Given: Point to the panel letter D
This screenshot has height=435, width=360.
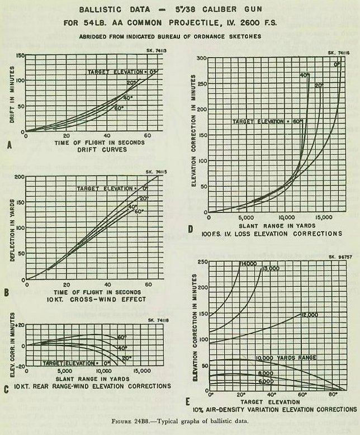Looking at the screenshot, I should point(191,229).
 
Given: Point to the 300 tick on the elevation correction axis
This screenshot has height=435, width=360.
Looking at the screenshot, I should point(201,58).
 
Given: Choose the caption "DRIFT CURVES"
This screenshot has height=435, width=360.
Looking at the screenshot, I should point(84,149).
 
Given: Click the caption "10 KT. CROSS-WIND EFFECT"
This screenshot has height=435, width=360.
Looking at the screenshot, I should point(85,299).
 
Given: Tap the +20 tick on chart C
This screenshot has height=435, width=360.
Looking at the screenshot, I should point(17,324).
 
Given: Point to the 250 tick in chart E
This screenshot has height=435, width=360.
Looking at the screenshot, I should point(200,262).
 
